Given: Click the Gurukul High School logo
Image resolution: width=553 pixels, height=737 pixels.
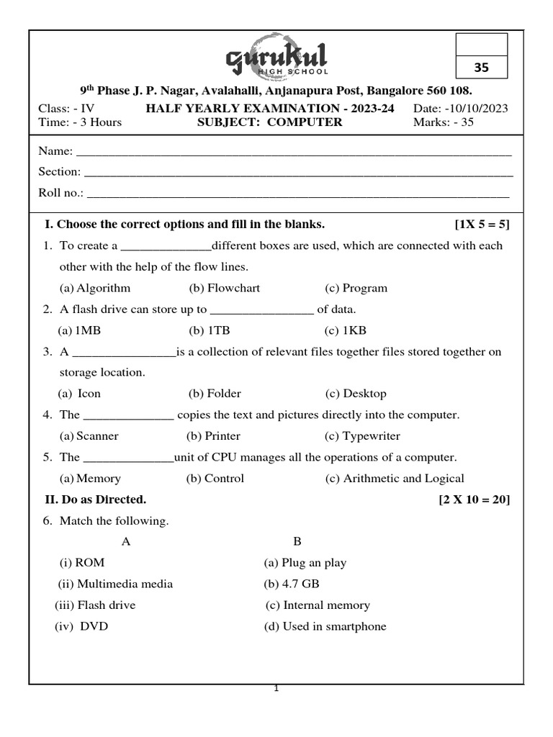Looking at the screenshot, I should (276, 58).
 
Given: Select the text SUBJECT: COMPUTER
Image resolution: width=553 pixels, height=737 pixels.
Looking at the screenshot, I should (270, 122).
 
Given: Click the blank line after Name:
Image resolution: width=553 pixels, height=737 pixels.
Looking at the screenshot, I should (294, 153).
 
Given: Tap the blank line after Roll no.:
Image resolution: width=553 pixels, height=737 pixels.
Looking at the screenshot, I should (297, 194).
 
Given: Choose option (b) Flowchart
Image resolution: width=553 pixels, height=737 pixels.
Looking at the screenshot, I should (224, 288).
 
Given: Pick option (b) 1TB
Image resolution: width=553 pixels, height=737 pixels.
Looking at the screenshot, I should (209, 330).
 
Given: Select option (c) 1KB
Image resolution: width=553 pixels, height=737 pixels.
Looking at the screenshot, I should (346, 330).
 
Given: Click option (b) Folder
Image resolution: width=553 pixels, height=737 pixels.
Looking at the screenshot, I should (215, 394).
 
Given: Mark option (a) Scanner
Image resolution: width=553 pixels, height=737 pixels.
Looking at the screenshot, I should (89, 436).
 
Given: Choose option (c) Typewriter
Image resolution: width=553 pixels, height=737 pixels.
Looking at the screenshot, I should (362, 436).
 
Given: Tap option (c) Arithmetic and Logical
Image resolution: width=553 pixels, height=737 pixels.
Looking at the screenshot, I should (395, 479).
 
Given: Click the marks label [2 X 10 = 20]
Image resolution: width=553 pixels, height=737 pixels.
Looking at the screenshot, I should (474, 499).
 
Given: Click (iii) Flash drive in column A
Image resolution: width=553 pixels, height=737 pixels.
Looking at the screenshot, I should (95, 605).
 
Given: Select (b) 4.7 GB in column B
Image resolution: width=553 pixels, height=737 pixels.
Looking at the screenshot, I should (292, 584).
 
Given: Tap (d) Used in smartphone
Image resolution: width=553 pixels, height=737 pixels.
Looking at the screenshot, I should (325, 626).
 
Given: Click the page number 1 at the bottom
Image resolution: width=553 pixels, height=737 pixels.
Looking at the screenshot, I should (276, 689).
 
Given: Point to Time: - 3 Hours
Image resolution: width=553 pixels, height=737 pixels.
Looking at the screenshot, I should (80, 122).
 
